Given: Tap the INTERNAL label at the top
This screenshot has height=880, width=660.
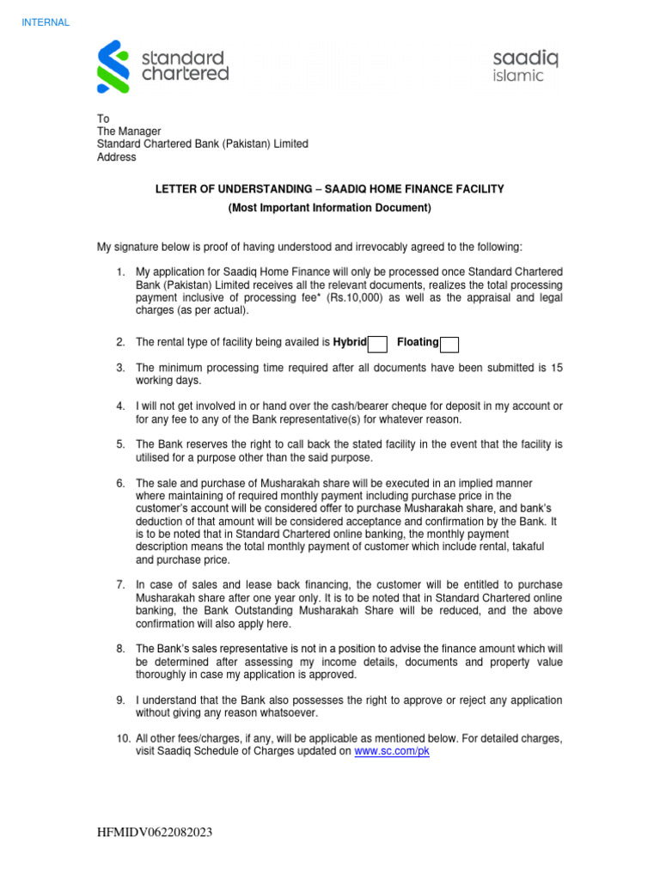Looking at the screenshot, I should pos(46,22).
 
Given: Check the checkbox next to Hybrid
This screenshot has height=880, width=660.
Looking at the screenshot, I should pos(377,344).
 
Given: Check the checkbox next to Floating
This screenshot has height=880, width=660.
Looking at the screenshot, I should pos(449,344).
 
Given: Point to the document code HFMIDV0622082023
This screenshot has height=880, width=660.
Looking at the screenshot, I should pos(156,834).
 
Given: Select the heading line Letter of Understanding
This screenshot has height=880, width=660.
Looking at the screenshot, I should pos(329,188).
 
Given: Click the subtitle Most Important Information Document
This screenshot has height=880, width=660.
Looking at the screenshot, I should pos(329,208).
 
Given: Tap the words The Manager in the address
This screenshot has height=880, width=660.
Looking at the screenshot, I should pos(129,131).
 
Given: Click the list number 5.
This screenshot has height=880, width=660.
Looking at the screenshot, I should pos(120,444).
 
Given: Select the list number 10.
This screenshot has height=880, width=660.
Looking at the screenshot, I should pos(123,738).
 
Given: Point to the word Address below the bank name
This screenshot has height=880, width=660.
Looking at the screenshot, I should pos(116,157).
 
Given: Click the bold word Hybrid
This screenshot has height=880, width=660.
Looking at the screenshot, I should pos(350,343).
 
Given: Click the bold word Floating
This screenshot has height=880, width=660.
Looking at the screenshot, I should pos(418,343).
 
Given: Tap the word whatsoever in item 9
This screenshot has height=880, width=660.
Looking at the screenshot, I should pos(287,712).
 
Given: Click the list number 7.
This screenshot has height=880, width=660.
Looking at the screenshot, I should pos(120,584).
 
